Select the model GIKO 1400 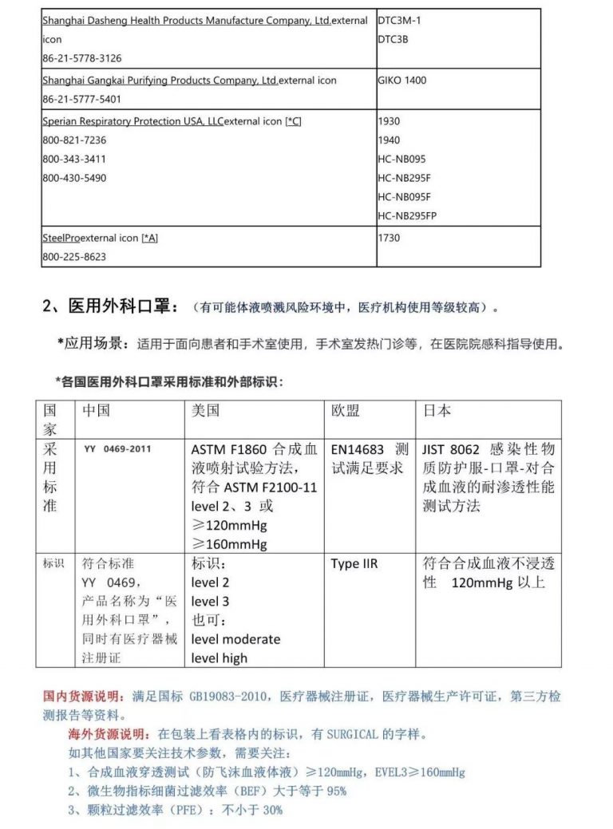pos(403,81)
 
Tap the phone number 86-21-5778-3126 pos(82,58)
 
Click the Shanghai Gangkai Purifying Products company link pos(160,81)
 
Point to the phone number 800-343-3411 pos(74,159)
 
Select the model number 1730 pos(389,238)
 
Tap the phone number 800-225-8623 pos(74,257)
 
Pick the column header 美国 pos(206,410)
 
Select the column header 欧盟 pos(346,410)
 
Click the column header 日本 pos(437,410)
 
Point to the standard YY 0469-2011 pos(117,449)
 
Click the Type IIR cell pos(354,564)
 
